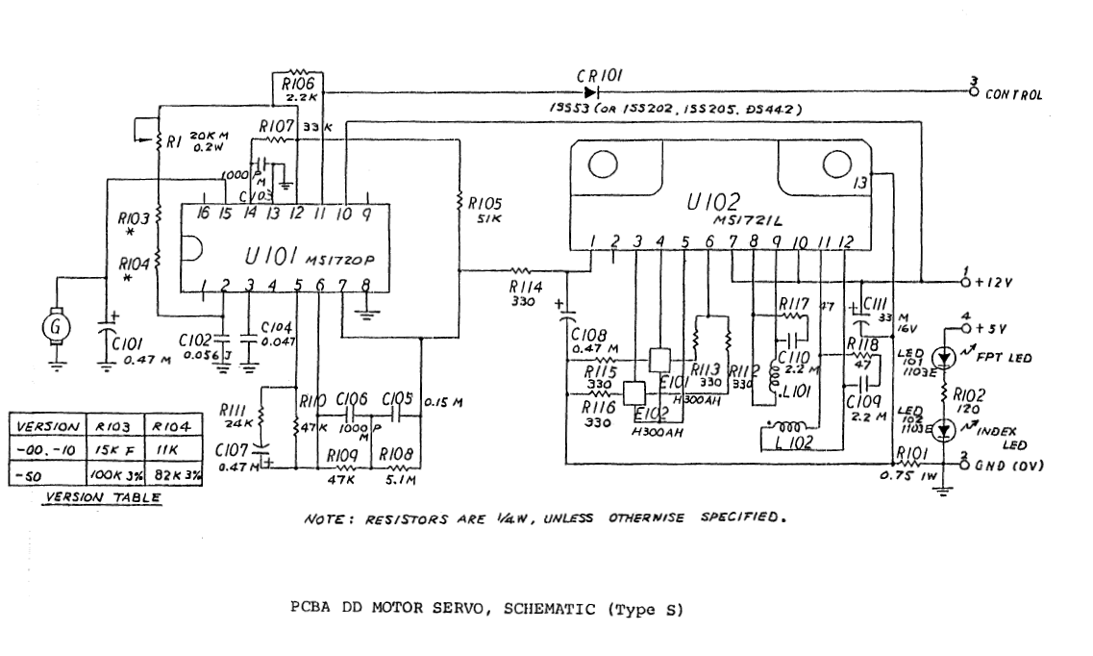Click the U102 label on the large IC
point(713,203)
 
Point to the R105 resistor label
point(484,204)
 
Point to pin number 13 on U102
point(862,182)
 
